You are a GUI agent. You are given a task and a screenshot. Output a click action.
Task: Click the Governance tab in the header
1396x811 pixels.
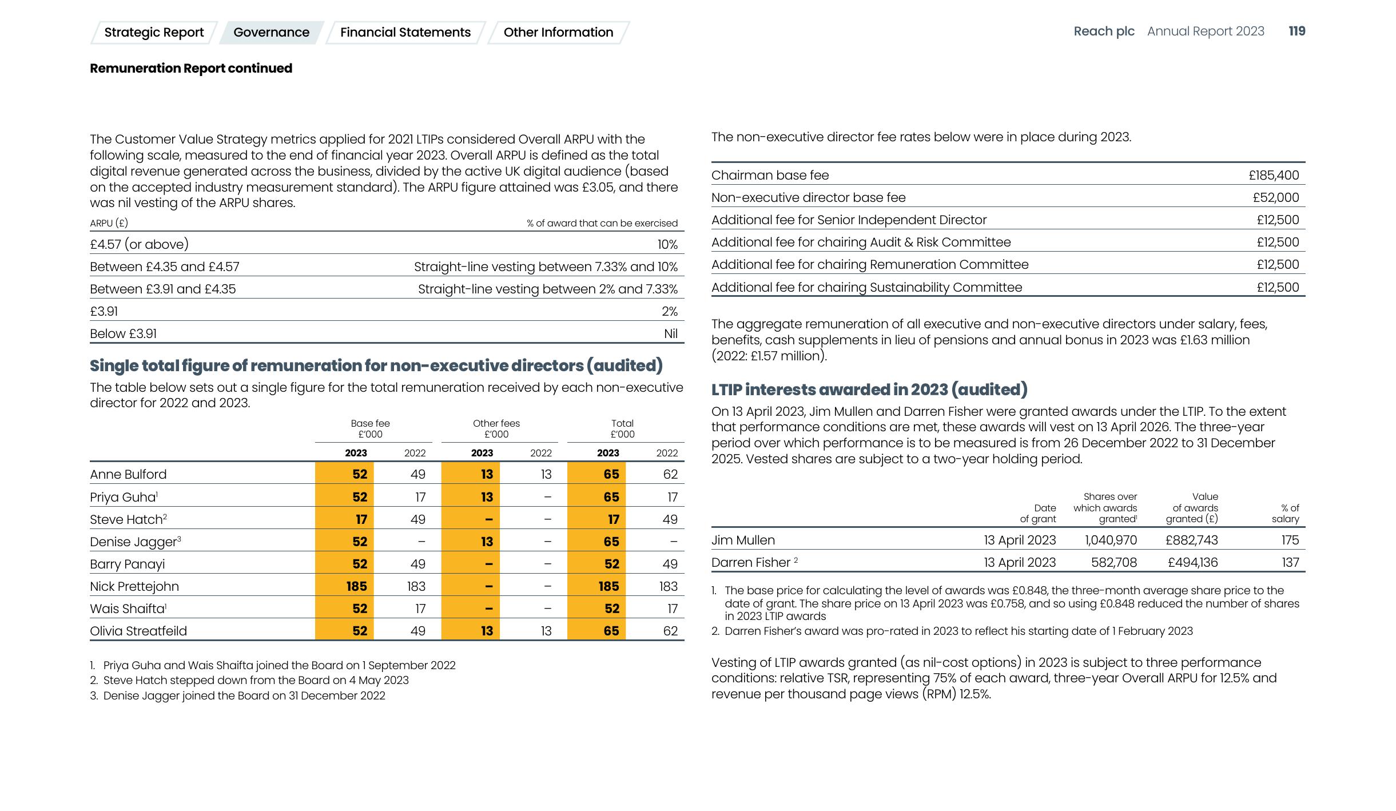pyautogui.click(x=271, y=33)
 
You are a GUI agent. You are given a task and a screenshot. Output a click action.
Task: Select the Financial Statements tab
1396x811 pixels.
pyautogui.click(x=405, y=33)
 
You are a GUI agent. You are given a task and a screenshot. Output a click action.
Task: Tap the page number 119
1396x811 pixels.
pyautogui.click(x=1296, y=31)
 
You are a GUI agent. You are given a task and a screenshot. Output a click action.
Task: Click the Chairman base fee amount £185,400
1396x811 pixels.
pyautogui.click(x=1274, y=176)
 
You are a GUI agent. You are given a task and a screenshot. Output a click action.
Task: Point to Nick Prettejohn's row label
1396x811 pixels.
pyautogui.click(x=134, y=586)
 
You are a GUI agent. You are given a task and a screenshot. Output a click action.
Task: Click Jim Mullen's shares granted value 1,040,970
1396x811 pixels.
pyautogui.click(x=1111, y=540)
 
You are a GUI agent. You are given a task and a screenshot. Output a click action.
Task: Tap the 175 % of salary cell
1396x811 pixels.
pyautogui.click(x=1290, y=540)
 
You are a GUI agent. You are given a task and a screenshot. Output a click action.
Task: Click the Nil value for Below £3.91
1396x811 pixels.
pyautogui.click(x=670, y=333)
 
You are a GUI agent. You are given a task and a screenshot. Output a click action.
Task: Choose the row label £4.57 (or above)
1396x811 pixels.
pyautogui.click(x=139, y=244)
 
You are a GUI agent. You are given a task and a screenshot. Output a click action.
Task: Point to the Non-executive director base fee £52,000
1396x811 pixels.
pyautogui.click(x=1275, y=198)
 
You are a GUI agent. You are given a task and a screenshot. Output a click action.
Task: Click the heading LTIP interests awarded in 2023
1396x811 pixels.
pyautogui.click(x=869, y=389)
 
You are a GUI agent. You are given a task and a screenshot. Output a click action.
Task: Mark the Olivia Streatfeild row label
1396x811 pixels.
pyautogui.click(x=138, y=631)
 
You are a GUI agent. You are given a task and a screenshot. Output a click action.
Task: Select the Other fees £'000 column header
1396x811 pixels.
pyautogui.click(x=496, y=428)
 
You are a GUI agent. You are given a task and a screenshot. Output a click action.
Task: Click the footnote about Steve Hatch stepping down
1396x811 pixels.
pyautogui.click(x=256, y=680)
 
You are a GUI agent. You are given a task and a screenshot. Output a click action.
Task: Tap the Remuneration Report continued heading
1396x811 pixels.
pyautogui.click(x=191, y=69)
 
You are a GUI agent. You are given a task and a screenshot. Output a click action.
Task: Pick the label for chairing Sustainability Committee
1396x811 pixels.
pyautogui.click(x=866, y=287)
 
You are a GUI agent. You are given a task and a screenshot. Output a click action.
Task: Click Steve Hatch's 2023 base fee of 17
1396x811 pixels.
pyautogui.click(x=361, y=519)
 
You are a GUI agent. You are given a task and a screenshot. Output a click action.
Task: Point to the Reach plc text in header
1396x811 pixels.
pyautogui.click(x=1104, y=31)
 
